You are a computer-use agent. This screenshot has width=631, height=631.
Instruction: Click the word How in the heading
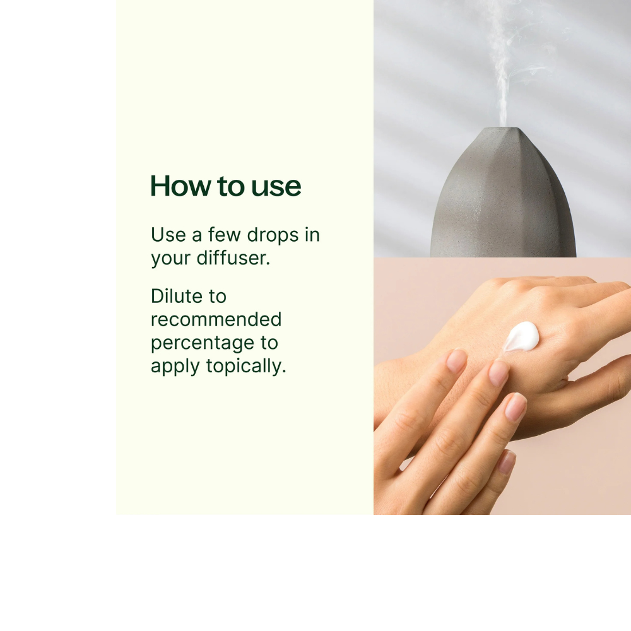coord(180,186)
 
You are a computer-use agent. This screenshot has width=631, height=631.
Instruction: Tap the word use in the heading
coord(276,188)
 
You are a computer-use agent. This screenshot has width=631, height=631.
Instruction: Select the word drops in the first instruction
coord(273,236)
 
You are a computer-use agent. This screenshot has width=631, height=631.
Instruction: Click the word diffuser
coord(233,258)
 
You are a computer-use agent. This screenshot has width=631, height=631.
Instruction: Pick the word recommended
coord(216,320)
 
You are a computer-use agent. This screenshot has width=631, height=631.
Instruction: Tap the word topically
coord(246,367)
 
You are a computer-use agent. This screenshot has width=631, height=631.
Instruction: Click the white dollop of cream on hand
coord(522,336)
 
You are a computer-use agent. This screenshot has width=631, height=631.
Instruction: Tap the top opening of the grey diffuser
coord(502,128)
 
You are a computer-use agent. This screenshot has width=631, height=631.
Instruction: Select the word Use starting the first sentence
coord(168,235)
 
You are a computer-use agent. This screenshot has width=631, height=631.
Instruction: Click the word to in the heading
coord(231,187)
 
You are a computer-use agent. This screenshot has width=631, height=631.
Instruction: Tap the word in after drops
coord(312,235)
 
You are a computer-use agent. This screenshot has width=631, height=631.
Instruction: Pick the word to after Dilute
coord(217,297)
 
